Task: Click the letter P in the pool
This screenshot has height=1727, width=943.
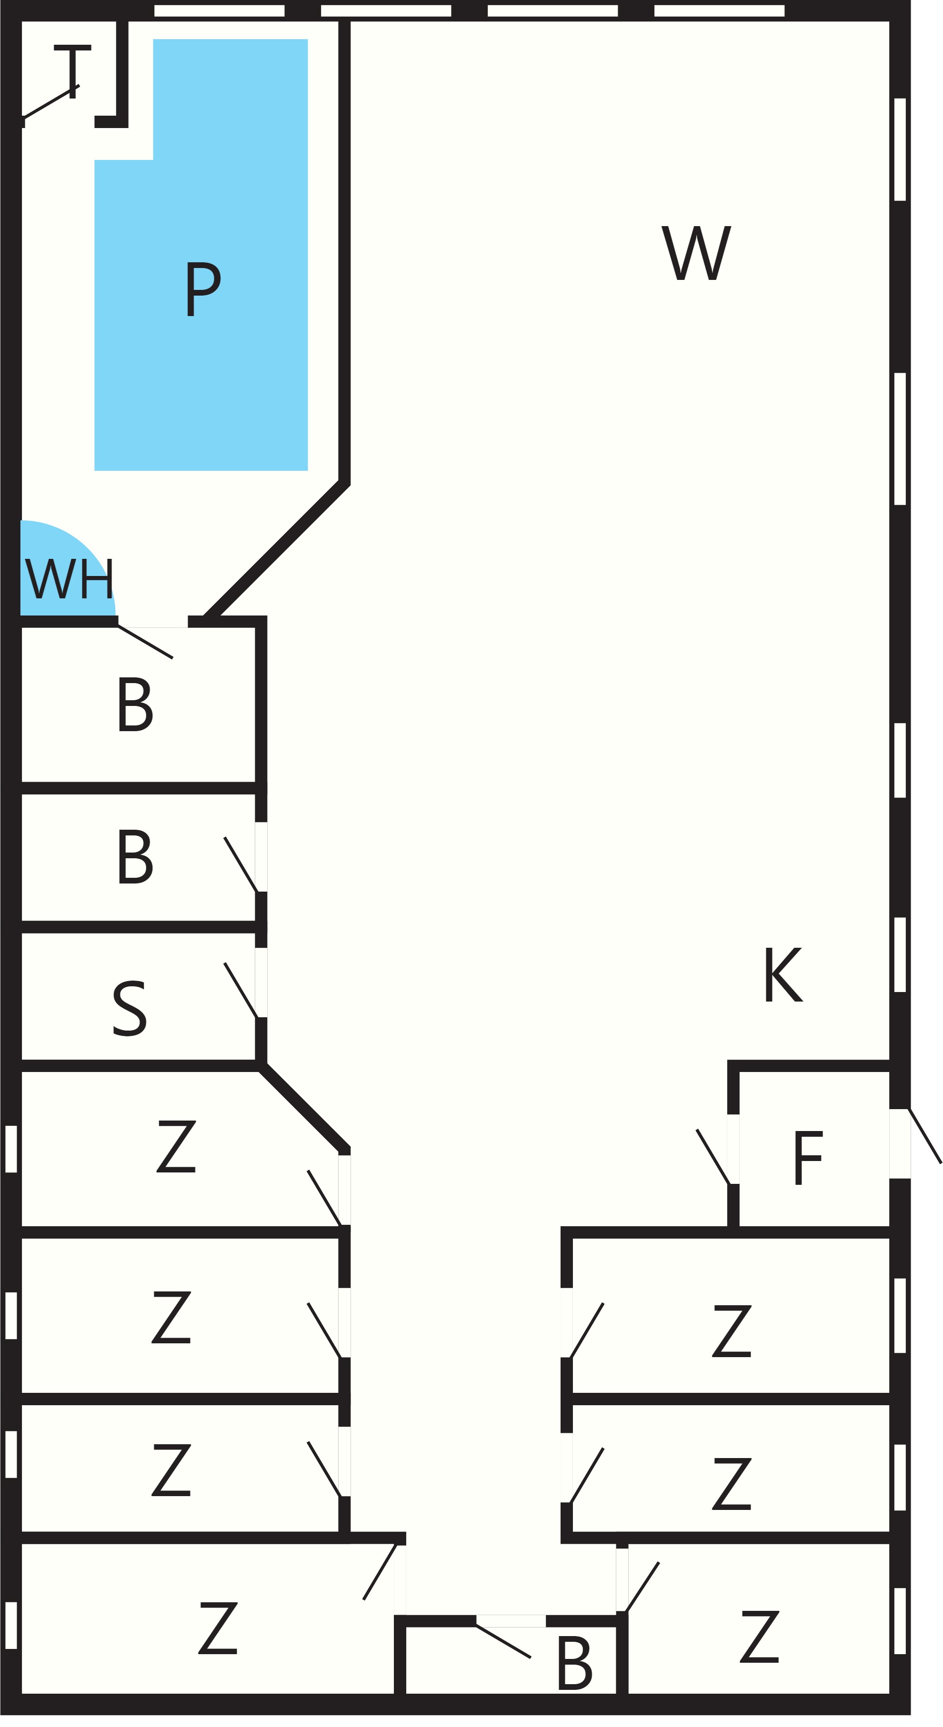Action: coord(202,288)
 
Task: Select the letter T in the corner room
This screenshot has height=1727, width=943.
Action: coord(72,72)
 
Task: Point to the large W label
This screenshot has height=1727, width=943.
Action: coord(696,253)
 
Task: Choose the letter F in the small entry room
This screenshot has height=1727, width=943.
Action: coord(808,1158)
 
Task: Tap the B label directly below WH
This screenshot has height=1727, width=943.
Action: coord(135,704)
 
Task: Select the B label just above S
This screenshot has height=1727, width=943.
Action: coord(135,856)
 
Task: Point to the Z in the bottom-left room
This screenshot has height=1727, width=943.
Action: coord(218,1628)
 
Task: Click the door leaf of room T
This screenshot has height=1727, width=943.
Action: coord(51,102)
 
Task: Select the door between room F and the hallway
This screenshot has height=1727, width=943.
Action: coord(713,1157)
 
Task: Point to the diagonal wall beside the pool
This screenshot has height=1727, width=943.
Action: coord(276,550)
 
